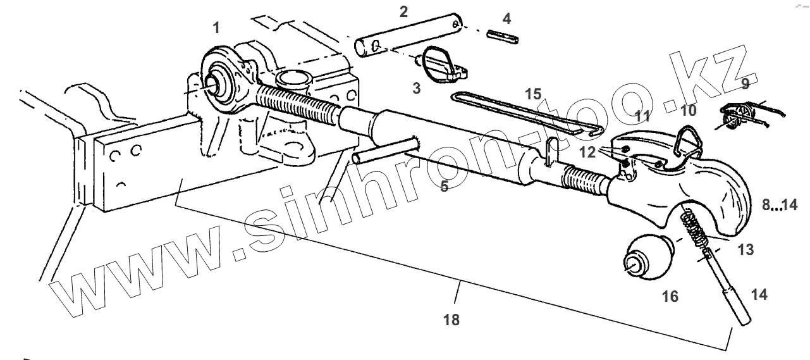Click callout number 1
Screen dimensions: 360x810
click(x=217, y=27)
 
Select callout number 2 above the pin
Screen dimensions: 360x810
click(x=403, y=11)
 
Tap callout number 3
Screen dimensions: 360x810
click(x=416, y=88)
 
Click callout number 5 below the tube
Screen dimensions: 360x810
click(x=445, y=187)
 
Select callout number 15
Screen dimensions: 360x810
click(x=533, y=94)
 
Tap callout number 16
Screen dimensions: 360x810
click(x=670, y=295)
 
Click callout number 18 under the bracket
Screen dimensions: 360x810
click(x=451, y=320)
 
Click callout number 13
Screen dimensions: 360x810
click(x=746, y=250)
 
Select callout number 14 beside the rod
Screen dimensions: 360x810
click(x=759, y=294)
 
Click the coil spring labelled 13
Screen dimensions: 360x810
click(x=694, y=228)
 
